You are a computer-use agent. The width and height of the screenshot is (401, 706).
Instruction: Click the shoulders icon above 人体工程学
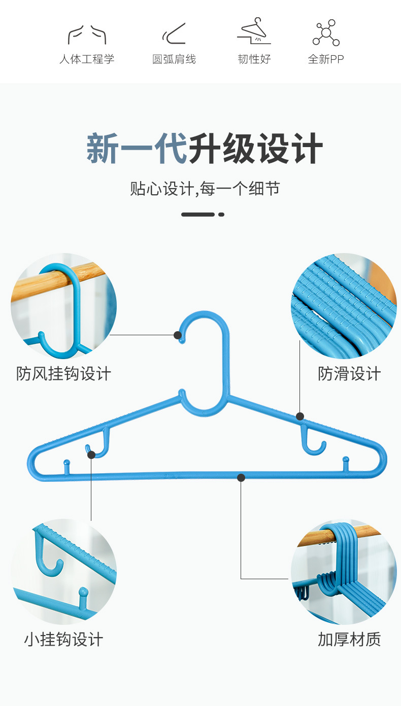click(x=87, y=34)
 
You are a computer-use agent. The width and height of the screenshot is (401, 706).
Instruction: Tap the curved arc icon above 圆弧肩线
click(x=174, y=33)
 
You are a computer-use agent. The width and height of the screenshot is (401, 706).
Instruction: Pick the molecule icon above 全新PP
click(x=326, y=32)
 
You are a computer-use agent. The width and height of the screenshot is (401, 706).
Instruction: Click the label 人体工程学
click(x=87, y=59)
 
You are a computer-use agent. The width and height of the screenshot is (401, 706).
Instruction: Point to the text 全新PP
click(x=325, y=59)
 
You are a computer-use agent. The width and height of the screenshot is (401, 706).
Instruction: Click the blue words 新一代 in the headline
click(x=137, y=148)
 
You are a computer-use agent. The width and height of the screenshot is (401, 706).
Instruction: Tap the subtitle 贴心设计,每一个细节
click(x=205, y=189)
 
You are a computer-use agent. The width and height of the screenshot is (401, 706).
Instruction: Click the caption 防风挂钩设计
click(x=63, y=374)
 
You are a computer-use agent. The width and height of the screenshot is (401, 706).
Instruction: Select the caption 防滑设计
click(x=349, y=374)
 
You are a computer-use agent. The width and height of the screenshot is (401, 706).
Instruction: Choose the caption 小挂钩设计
click(x=63, y=640)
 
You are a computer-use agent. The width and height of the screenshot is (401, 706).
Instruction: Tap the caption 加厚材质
click(x=349, y=640)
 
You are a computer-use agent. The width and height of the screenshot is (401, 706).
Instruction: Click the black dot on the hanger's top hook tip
click(x=178, y=335)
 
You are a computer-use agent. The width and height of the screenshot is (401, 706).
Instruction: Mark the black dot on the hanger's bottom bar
click(x=241, y=478)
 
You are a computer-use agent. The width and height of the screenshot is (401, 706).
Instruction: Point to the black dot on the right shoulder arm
click(x=299, y=416)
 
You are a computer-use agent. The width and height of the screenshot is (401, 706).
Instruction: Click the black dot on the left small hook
click(x=91, y=455)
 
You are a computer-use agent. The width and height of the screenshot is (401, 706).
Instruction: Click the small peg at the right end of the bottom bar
click(x=346, y=464)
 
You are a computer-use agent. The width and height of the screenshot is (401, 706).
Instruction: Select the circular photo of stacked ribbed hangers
click(x=344, y=306)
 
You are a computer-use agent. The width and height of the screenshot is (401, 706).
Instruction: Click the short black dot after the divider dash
click(x=221, y=215)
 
